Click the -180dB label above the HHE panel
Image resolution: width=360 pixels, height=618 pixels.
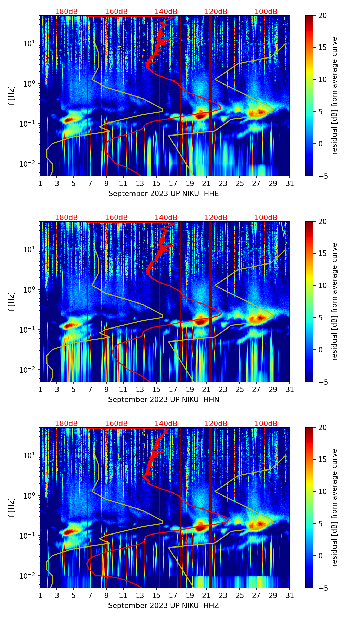click(x=65, y=12)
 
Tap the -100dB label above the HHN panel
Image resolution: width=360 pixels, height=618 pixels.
click(x=265, y=218)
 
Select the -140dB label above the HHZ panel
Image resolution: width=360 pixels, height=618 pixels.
click(x=165, y=424)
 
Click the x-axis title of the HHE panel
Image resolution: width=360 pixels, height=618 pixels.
click(x=164, y=194)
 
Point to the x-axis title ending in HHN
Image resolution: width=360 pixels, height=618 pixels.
click(x=164, y=400)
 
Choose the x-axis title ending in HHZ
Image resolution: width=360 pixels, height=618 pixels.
click(x=164, y=606)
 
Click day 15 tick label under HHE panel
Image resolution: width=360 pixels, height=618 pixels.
click(x=156, y=184)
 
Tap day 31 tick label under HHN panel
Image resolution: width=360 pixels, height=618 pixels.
click(x=290, y=390)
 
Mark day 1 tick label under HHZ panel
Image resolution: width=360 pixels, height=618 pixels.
click(x=40, y=596)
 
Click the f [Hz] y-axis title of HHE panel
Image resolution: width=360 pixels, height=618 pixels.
click(x=12, y=95)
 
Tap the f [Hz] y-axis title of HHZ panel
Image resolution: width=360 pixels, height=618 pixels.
click(x=12, y=507)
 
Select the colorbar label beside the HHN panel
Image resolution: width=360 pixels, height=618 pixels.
click(x=335, y=301)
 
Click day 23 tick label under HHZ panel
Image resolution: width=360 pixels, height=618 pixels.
click(x=223, y=596)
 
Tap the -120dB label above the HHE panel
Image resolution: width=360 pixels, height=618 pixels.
click(x=215, y=12)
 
